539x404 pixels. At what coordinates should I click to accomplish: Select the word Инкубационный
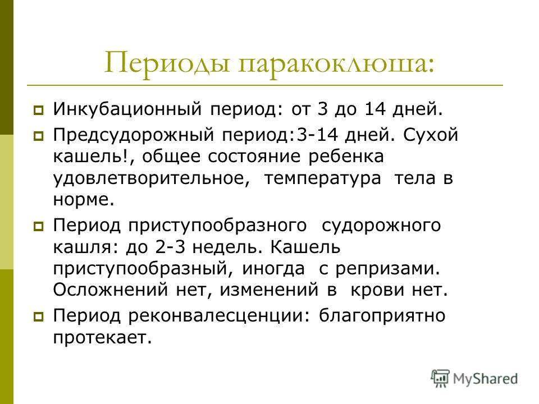pos(127,109)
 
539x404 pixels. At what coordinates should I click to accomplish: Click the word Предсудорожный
pos(134,135)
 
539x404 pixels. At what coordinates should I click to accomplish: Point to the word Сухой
pos(431,135)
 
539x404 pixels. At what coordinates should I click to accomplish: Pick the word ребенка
pos(346,157)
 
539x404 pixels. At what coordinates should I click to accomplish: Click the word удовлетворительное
pos(151,178)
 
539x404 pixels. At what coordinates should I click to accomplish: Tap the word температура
pos(323,178)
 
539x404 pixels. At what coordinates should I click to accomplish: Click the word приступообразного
pos(218,226)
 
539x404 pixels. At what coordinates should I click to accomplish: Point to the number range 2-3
pos(171,247)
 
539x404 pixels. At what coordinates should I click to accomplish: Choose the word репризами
pos(388,269)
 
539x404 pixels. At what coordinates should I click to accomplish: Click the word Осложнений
pos(111,290)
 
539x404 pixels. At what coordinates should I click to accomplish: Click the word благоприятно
pos(382,316)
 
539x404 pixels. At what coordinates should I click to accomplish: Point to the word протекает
pos(102,338)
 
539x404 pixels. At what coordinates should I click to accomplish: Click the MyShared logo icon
pos(440,379)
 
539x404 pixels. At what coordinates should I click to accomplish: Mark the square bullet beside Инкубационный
pos(39,111)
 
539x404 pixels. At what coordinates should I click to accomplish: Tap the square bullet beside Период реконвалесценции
pos(39,316)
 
